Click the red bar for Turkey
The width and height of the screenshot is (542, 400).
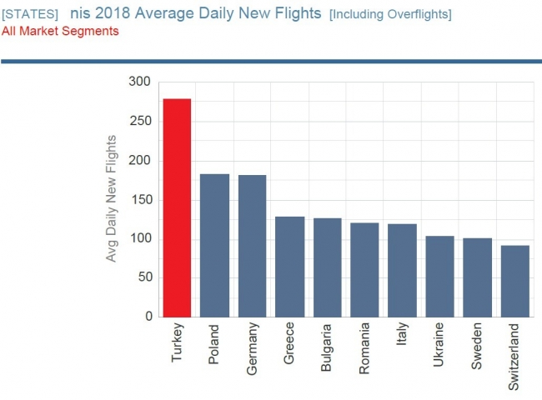click(x=177, y=208)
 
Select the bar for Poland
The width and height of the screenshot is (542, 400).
click(x=214, y=245)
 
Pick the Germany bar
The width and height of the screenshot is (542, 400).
click(x=252, y=246)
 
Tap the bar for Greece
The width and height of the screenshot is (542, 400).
click(x=289, y=267)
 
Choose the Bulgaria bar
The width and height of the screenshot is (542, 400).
click(x=327, y=267)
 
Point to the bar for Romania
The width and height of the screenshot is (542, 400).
click(x=364, y=270)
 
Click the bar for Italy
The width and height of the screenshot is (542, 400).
click(x=402, y=271)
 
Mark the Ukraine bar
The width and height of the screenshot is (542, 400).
click(x=439, y=277)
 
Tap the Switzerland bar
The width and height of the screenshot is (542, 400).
click(x=514, y=281)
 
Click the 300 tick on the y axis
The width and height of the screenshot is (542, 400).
click(x=139, y=82)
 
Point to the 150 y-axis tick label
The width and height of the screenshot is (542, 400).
click(x=139, y=199)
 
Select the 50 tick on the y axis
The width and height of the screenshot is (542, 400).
click(x=143, y=277)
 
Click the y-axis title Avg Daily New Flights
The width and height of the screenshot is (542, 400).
click(x=112, y=198)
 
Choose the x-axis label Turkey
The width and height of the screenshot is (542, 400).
click(x=177, y=342)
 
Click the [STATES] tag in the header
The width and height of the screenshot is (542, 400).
click(x=30, y=15)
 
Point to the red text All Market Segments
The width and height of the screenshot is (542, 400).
click(x=60, y=32)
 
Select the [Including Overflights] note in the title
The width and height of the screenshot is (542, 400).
click(x=390, y=15)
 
